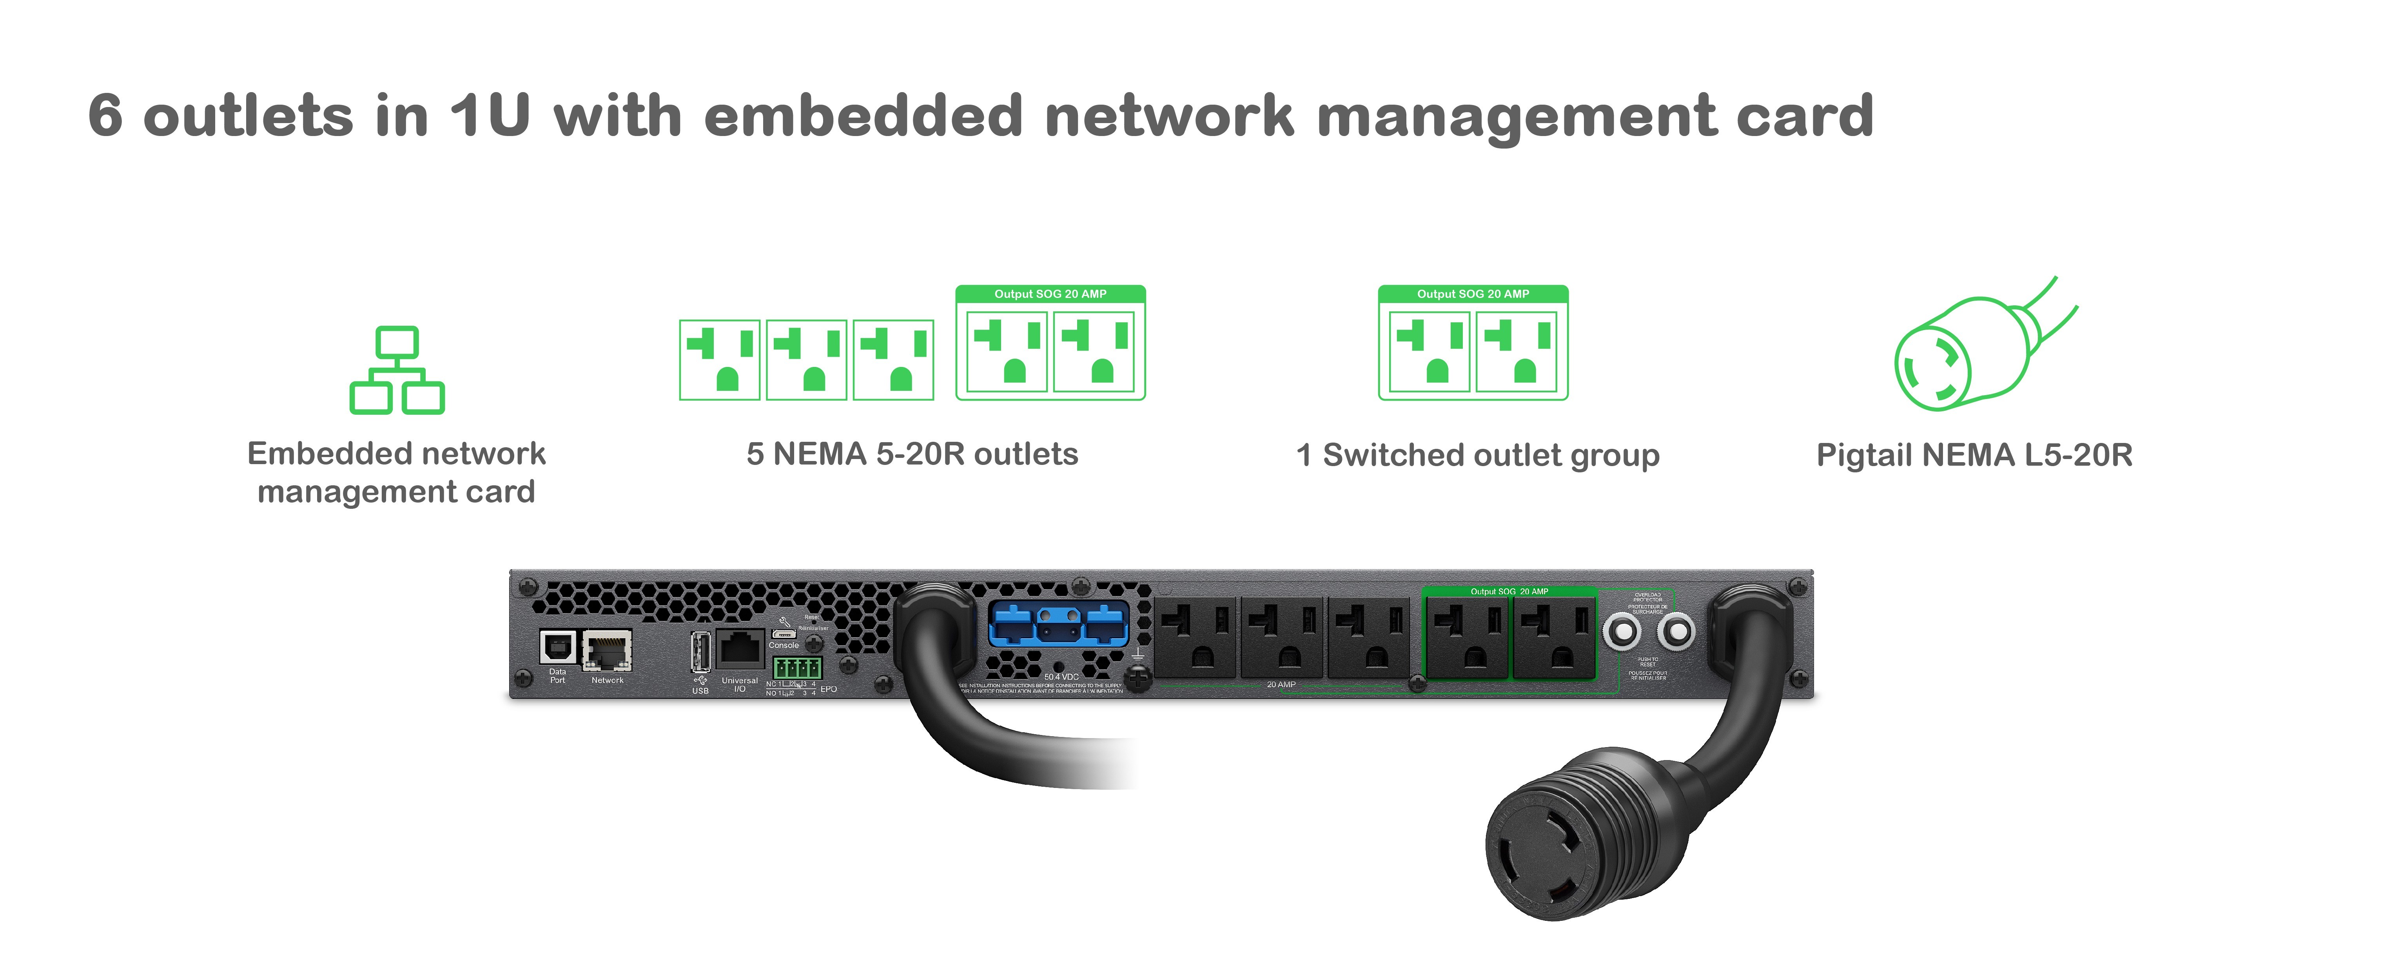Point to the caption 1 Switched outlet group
coord(1478,456)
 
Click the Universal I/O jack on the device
coord(740,647)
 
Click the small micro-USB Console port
coord(784,634)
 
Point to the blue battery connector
coord(1058,624)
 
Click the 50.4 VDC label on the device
coord(1061,677)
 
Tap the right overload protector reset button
coord(1676,633)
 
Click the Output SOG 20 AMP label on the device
coord(1509,591)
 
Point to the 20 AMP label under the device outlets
coord(1281,685)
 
